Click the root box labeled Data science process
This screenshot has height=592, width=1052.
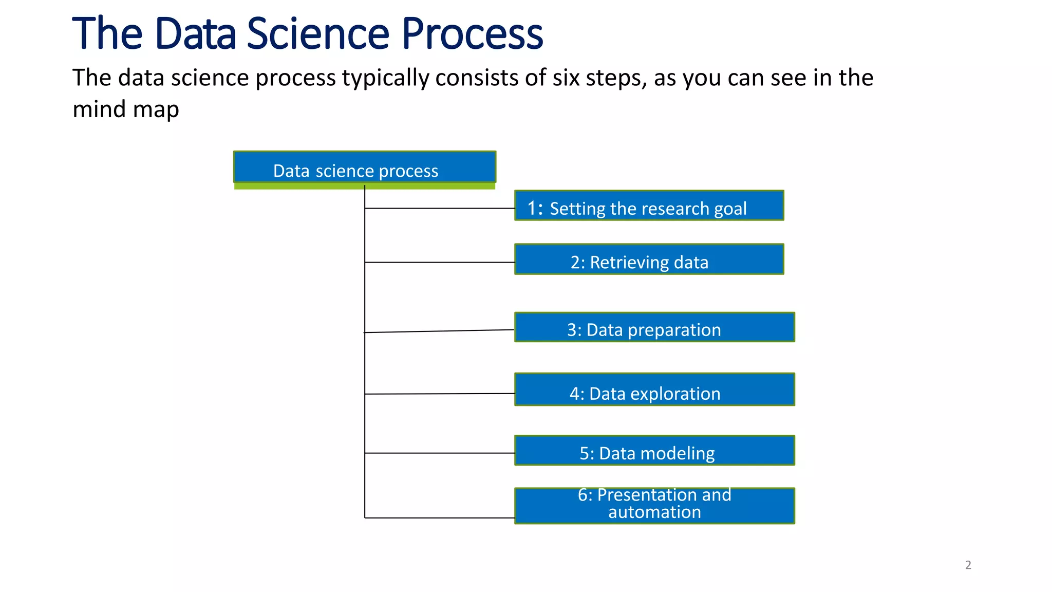click(x=365, y=168)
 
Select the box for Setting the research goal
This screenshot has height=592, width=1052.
click(x=649, y=206)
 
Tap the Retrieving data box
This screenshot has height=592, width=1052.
click(x=649, y=260)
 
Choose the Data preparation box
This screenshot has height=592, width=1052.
click(x=654, y=327)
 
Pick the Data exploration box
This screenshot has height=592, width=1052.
click(x=654, y=390)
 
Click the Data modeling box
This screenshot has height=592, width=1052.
click(x=654, y=451)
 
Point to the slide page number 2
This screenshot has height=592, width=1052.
click(x=968, y=565)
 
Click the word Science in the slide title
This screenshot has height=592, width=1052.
click(x=318, y=34)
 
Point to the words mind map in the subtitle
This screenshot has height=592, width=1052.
click(x=126, y=109)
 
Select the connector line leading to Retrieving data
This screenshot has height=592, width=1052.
click(x=440, y=262)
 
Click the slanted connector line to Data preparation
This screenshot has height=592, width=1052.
click(x=440, y=331)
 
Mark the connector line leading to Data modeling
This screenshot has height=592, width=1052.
click(x=440, y=453)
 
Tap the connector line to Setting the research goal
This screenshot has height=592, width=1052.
click(x=440, y=208)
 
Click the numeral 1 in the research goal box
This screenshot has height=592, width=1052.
click(x=532, y=208)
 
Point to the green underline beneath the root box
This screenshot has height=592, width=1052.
click(x=365, y=186)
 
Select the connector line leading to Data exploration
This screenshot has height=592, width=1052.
click(x=440, y=394)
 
